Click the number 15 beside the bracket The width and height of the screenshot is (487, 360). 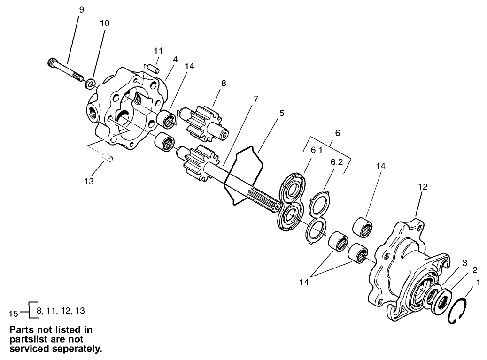coord(15,311)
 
